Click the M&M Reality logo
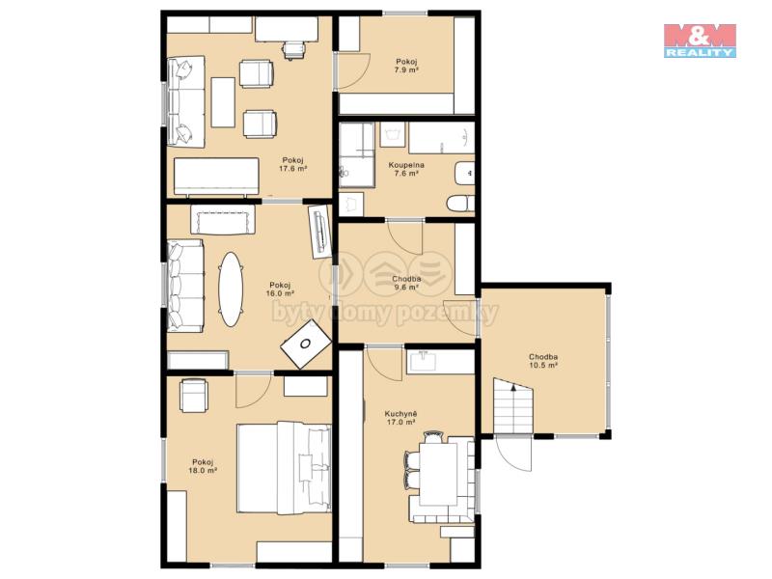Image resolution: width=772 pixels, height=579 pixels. pos(700,41)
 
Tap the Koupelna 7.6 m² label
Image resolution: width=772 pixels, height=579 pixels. pos(406,169)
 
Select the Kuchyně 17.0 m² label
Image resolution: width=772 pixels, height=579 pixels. pos(400,418)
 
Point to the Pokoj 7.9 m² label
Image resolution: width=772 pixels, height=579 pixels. pos(406,66)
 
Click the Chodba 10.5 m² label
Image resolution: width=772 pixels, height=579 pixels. pos(543,361)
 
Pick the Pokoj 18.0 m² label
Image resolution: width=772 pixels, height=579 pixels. pos(203,466)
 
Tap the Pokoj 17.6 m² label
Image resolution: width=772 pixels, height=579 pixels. pos(293,164)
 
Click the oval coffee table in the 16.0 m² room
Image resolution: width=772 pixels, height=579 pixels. pos(231,289)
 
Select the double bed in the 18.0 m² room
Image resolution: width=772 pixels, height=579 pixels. pos(284,467)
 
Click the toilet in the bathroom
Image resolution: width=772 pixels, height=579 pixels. pos(460,203)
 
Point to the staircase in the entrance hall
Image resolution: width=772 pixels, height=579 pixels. pos(513,405)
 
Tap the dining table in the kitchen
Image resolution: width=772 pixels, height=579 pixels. pos(438,474)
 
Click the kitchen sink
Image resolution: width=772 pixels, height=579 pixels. pos(423,360)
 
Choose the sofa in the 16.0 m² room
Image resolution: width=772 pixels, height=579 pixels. pos(185,286)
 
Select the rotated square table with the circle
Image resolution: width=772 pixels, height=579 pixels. pos(306,344)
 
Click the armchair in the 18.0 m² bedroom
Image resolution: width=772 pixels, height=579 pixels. pos(194,395)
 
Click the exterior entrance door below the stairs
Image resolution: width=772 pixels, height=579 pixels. pos(514,454)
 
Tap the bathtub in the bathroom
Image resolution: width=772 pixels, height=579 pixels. pos(441,138)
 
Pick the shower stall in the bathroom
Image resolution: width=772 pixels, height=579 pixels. pos(356,154)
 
